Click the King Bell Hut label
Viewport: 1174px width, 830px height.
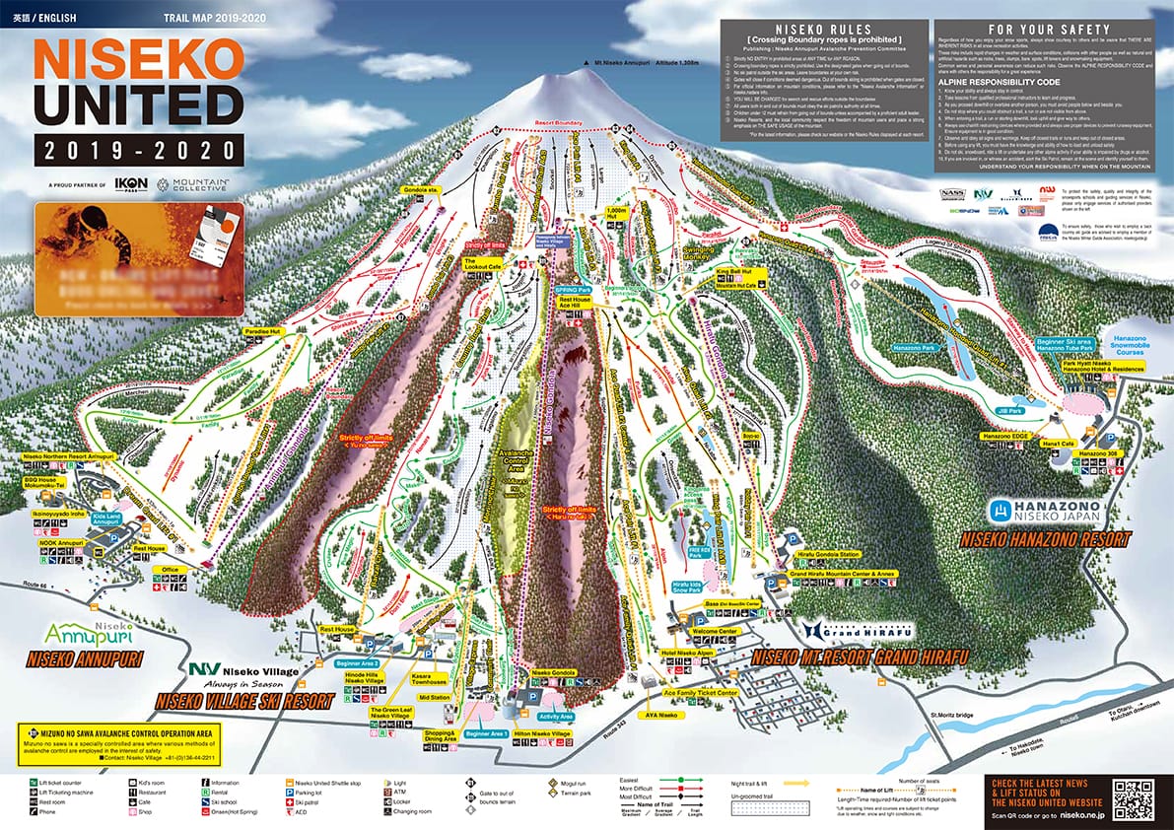[x=734, y=270]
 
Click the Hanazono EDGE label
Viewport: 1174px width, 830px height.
[x=1004, y=436]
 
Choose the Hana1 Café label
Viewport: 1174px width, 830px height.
[x=1059, y=445]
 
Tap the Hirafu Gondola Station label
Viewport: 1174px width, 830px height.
[x=816, y=554]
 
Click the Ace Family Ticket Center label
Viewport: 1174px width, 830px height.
[x=701, y=693]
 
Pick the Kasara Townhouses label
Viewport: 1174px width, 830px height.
[x=428, y=677]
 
